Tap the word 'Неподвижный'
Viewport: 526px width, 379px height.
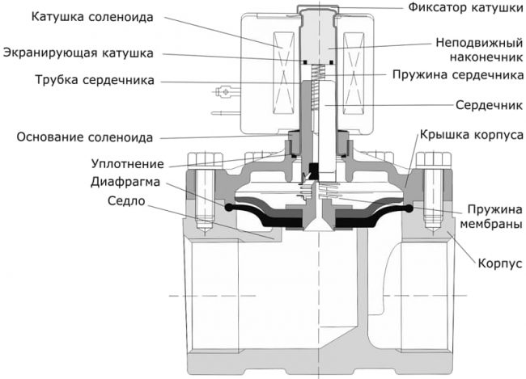pyautogui.click(x=472, y=42)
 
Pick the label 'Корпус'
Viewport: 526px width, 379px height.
pyautogui.click(x=498, y=263)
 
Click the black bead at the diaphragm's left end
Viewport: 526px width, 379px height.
pyautogui.click(x=229, y=208)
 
